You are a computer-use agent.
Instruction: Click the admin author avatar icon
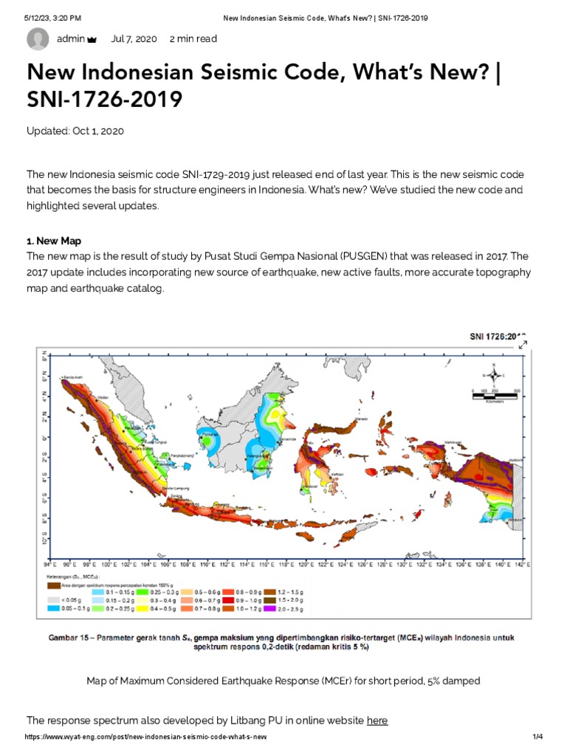[x=38, y=39]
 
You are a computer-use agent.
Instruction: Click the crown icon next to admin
[x=92, y=39]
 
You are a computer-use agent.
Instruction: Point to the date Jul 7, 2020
[x=134, y=39]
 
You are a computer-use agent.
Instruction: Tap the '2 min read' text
[x=193, y=39]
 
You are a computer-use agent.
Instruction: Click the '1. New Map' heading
[x=54, y=241]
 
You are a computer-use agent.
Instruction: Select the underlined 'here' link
[x=377, y=720]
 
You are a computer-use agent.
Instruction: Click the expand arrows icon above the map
[x=523, y=345]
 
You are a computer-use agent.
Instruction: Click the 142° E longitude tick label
[x=524, y=563]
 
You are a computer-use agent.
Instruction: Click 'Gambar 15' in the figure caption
[x=69, y=636]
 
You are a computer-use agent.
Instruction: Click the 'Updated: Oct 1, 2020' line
[x=75, y=131]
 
